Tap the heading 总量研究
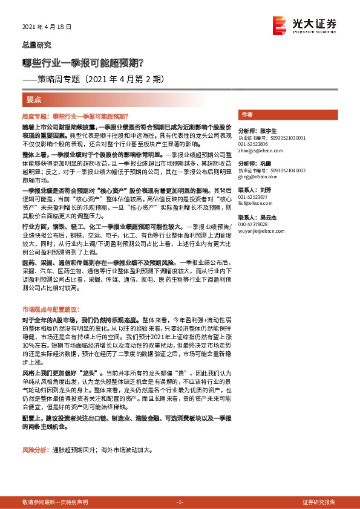point(36,45)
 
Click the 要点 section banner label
point(35,99)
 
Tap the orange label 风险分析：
point(36,451)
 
